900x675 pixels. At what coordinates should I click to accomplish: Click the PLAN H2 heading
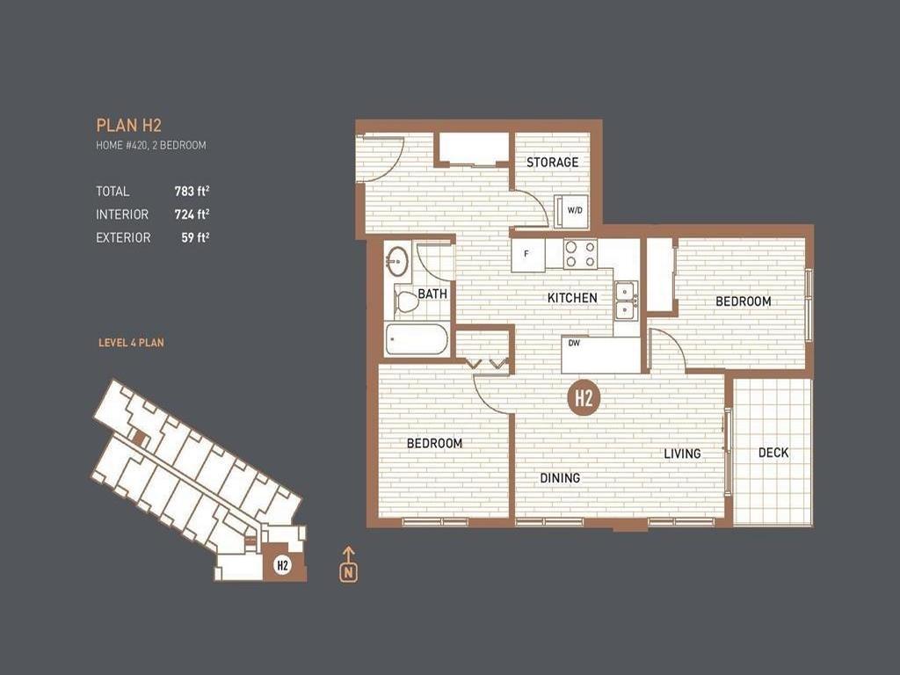tap(128, 126)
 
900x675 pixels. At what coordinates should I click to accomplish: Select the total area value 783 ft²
tap(192, 191)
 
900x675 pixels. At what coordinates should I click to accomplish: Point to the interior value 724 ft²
tap(192, 214)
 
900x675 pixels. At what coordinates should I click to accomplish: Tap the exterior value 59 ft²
tap(195, 237)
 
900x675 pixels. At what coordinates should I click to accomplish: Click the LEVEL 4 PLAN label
tap(131, 343)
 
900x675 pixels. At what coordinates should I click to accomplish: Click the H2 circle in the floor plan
tap(584, 397)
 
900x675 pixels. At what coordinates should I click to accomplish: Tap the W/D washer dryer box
tap(573, 211)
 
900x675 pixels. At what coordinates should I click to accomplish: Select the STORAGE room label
tap(552, 163)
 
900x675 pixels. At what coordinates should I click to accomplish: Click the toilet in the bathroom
tap(407, 302)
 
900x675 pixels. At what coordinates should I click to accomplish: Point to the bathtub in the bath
tap(417, 339)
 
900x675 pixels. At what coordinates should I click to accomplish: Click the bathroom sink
tap(397, 261)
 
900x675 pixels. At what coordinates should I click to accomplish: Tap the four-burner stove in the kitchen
tap(580, 254)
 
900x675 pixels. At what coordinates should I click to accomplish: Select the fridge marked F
tap(527, 254)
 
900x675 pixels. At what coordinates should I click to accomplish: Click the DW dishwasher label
tap(573, 344)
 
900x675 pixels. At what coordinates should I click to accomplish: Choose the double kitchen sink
tap(627, 301)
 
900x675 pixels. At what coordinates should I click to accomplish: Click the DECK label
tap(773, 454)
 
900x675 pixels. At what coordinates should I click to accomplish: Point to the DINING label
tap(560, 478)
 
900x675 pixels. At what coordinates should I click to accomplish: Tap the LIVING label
tap(682, 454)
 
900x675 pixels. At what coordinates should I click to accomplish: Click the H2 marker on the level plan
tap(282, 565)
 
